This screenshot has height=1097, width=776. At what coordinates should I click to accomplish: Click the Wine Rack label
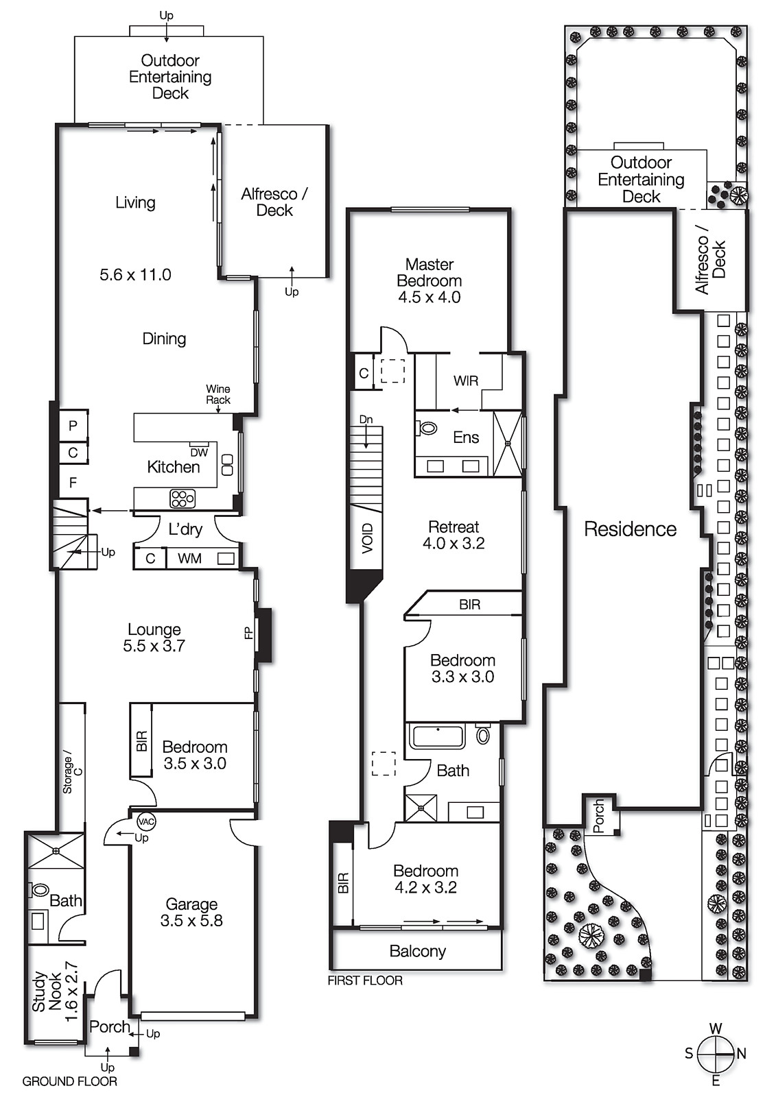218,394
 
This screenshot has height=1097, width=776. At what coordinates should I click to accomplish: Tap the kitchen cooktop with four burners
183,498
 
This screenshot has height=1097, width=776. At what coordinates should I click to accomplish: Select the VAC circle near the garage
146,821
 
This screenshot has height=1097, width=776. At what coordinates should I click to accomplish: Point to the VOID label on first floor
368,538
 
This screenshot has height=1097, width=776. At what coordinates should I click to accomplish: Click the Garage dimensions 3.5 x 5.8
191,921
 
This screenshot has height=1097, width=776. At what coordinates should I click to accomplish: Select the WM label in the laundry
189,559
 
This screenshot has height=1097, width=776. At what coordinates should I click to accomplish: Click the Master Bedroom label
430,272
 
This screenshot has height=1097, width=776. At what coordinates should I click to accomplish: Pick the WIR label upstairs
466,381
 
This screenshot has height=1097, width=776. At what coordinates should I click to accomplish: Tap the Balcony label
417,951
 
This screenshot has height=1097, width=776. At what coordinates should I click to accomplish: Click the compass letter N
741,1054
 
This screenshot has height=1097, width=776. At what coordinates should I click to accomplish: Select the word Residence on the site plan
630,529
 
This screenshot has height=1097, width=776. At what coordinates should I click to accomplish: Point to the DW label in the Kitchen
199,453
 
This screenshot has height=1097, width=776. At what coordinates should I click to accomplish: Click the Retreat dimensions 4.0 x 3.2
454,544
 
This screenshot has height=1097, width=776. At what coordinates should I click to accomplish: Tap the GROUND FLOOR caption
69,1081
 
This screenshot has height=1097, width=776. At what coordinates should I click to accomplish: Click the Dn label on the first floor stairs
366,419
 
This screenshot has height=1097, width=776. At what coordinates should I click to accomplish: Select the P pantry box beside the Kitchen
73,425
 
